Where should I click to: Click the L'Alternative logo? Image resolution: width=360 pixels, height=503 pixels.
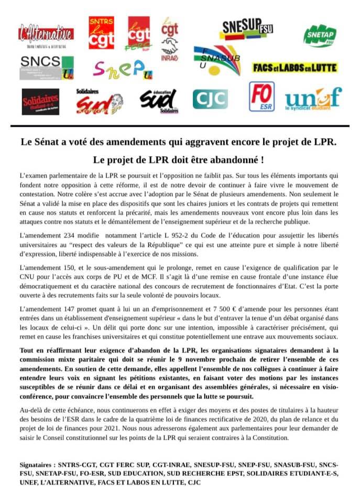coord(46,35)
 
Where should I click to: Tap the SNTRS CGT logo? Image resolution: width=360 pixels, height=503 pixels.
coord(101,32)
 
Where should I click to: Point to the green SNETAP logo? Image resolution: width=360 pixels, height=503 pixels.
coord(320,35)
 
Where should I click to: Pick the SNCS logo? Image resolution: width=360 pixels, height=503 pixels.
coord(47,68)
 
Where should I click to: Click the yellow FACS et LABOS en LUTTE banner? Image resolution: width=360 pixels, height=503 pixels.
coord(294,68)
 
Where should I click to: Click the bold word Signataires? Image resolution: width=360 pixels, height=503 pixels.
coord(39,465)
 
